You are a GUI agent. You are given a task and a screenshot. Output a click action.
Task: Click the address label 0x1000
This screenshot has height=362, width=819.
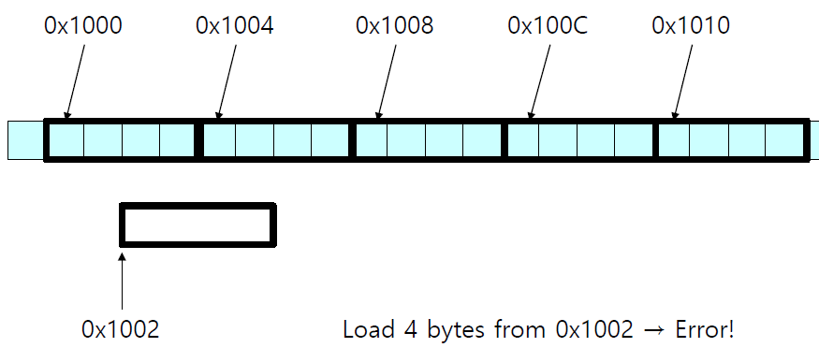click(83, 25)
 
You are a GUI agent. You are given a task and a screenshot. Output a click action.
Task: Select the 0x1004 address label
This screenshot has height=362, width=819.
click(235, 25)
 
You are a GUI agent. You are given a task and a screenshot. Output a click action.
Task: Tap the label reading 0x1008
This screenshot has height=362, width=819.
click(394, 25)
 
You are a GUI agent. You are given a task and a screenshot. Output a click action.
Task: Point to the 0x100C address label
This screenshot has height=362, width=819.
click(548, 25)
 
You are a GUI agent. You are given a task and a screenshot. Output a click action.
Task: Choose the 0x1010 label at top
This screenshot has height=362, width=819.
click(691, 25)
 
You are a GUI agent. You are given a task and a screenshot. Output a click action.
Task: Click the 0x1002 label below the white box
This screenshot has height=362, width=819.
click(120, 329)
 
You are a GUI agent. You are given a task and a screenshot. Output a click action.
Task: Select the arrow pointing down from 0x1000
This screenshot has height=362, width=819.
click(75, 81)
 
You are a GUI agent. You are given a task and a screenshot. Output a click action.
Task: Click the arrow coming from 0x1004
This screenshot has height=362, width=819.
click(227, 81)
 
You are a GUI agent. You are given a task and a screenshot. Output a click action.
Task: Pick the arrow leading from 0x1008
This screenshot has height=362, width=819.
click(387, 81)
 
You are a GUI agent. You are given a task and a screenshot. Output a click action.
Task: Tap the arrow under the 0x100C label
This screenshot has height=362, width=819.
click(540, 81)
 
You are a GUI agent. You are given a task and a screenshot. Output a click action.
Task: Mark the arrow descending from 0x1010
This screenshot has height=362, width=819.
click(682, 81)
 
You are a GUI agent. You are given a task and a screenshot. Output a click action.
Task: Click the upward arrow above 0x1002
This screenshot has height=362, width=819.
click(123, 282)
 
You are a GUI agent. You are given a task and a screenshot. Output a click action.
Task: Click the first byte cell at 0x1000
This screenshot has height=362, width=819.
click(66, 139)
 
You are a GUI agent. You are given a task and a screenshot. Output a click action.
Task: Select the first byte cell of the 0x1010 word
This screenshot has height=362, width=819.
click(674, 139)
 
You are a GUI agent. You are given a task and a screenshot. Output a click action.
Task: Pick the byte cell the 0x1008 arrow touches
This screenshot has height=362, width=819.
click(372, 139)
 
